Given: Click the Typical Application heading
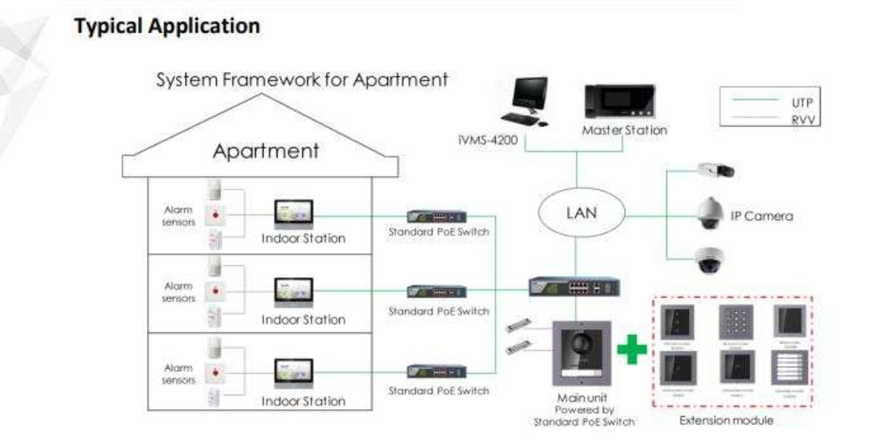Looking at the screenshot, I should point(167,26).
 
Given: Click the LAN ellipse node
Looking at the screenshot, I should point(581,213).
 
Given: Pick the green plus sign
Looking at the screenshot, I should point(632,349).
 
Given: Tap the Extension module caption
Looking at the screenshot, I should point(727,421).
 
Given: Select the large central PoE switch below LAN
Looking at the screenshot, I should point(574,286).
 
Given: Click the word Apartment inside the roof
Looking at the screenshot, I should point(266,151).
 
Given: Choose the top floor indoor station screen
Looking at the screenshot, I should point(294,213).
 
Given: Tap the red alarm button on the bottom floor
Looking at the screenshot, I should point(216,371).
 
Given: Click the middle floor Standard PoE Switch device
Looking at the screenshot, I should point(437,292).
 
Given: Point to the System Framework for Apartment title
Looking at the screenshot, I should point(302,79).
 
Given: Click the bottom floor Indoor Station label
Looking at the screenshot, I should point(303,401).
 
